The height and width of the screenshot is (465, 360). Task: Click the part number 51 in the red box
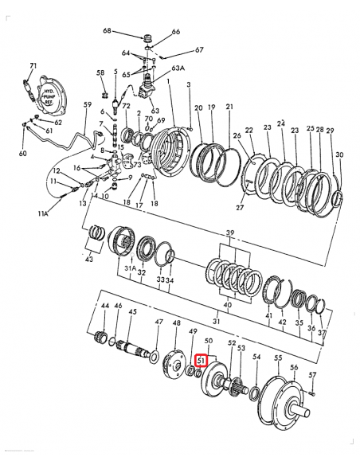click(x=202, y=361)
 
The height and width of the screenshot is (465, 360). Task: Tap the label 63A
click(x=178, y=69)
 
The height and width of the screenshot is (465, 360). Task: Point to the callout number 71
click(x=33, y=65)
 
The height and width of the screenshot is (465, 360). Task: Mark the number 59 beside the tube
click(x=88, y=105)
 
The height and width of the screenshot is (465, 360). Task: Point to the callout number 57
click(x=312, y=375)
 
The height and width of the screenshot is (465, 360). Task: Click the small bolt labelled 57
click(x=312, y=391)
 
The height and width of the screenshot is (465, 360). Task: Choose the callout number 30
click(x=338, y=154)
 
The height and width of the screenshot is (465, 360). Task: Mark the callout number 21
click(x=229, y=107)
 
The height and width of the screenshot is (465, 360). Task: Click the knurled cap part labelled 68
click(x=146, y=37)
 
